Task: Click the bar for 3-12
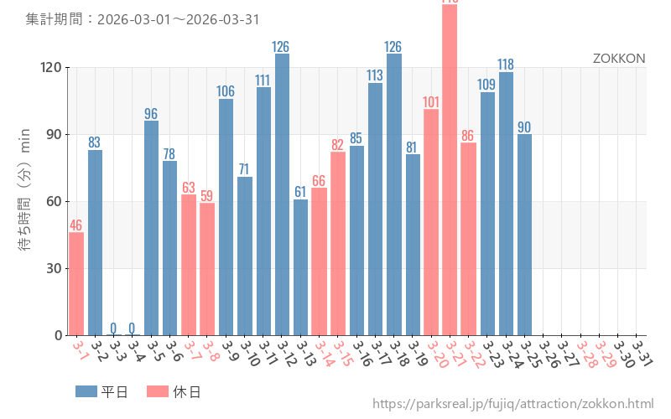(282, 194)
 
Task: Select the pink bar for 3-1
(76, 283)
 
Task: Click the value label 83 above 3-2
(95, 142)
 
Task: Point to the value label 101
(431, 102)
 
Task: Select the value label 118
(506, 65)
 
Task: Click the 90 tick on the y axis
(53, 134)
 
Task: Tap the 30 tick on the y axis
(53, 268)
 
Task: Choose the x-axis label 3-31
(642, 351)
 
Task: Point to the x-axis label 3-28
(585, 351)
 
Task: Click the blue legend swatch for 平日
(86, 391)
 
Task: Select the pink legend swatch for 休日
(158, 391)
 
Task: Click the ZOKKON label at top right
(619, 59)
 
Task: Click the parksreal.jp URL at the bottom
(512, 405)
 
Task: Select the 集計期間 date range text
(143, 19)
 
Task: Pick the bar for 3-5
(151, 228)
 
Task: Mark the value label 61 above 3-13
(300, 192)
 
